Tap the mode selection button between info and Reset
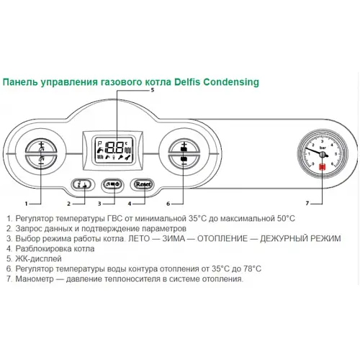click(113, 184)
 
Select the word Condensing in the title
click(234, 82)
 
